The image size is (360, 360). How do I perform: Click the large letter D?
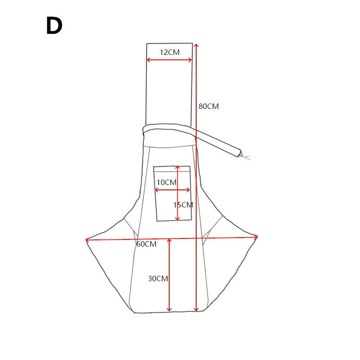(54, 26)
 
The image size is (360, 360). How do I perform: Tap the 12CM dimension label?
(170, 52)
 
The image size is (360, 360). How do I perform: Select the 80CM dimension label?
(209, 106)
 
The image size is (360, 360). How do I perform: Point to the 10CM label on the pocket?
(166, 182)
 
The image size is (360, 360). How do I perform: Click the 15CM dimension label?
(183, 205)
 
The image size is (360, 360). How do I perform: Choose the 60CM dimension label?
(147, 244)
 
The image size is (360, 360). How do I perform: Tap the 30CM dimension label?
(158, 279)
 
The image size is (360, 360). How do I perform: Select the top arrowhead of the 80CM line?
(196, 45)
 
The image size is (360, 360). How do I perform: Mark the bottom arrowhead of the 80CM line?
(196, 310)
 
